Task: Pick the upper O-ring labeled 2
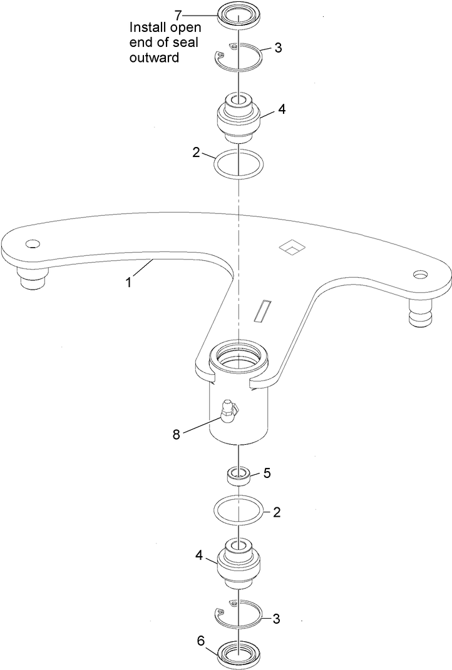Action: tap(239, 163)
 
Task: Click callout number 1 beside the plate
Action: tap(128, 282)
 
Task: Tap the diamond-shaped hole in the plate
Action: tap(290, 247)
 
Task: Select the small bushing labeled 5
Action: tap(239, 475)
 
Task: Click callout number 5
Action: tap(267, 473)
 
